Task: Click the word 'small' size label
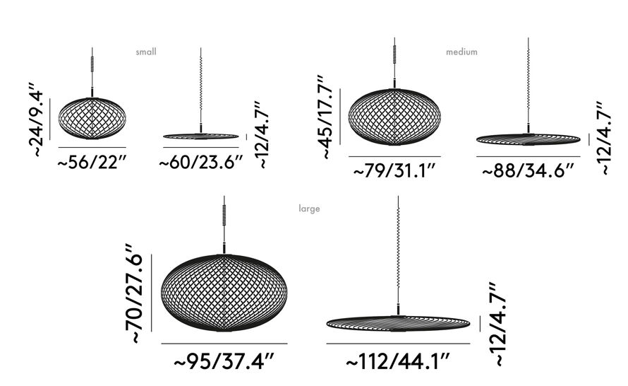click(146, 52)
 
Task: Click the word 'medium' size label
click(461, 52)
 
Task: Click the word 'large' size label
click(309, 209)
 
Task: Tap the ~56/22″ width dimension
click(92, 162)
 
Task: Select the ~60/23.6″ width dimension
click(201, 163)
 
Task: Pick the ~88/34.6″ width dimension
click(528, 171)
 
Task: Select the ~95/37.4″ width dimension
click(224, 362)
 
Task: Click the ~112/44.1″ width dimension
click(398, 362)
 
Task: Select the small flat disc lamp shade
click(201, 135)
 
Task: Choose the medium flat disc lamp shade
click(528, 138)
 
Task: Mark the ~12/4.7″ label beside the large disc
click(498, 324)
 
